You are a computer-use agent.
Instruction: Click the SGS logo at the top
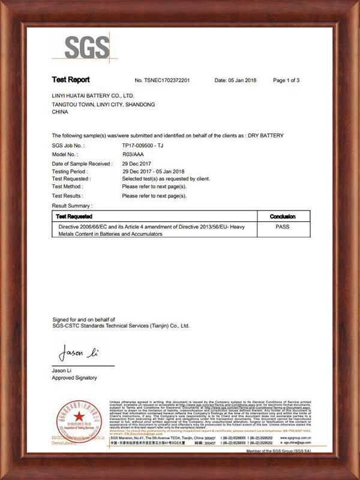[x=87, y=48]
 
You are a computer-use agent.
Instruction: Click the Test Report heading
[x=71, y=80]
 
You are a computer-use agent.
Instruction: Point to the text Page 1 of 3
[x=286, y=80]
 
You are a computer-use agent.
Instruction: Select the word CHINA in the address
[x=61, y=112]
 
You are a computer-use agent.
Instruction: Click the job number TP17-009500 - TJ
[x=147, y=145]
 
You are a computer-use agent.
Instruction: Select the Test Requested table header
[x=74, y=216]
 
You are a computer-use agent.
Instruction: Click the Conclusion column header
[x=283, y=216]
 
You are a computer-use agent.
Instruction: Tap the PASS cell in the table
[x=283, y=227]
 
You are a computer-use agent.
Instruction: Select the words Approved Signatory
[x=74, y=378]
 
